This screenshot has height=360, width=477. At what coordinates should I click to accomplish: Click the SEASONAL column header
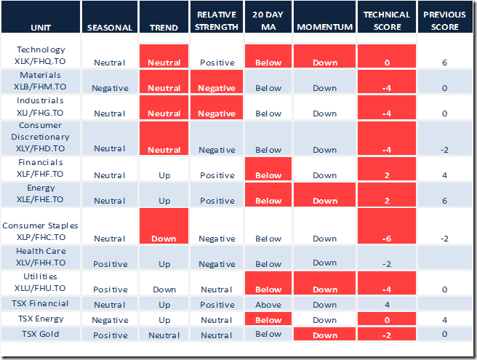click(109, 28)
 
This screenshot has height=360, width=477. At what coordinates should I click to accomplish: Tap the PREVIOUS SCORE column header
click(444, 21)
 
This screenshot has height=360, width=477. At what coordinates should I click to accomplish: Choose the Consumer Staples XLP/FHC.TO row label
click(41, 231)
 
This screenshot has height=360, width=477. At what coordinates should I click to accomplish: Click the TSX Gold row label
click(41, 334)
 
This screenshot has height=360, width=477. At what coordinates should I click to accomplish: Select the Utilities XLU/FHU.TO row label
click(41, 282)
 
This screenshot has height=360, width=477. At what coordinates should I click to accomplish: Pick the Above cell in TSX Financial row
click(268, 304)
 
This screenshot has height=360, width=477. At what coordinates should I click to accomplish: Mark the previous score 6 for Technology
click(444, 63)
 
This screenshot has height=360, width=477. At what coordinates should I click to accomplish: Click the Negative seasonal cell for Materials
click(109, 87)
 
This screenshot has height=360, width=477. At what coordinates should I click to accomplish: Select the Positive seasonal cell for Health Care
click(109, 264)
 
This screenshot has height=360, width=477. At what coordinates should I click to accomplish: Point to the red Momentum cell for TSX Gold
click(325, 335)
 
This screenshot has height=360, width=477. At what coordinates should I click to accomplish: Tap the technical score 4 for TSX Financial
click(387, 304)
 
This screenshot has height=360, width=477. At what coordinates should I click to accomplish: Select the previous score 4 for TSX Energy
click(444, 319)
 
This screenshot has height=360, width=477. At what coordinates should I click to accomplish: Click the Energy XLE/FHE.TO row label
click(41, 193)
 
